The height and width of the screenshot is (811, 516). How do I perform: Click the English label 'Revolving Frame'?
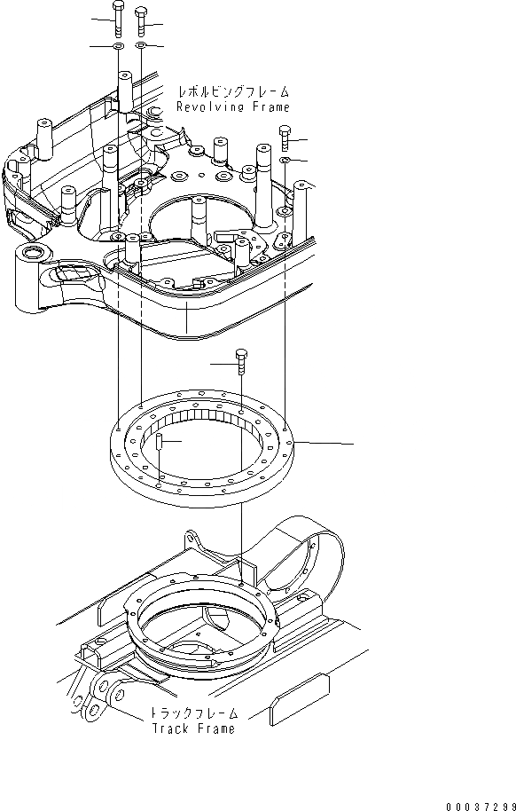(x=233, y=106)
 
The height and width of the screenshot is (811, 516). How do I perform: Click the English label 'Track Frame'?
(x=194, y=728)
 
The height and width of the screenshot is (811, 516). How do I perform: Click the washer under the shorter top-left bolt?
(x=141, y=44)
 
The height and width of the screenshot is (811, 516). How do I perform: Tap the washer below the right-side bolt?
(x=284, y=160)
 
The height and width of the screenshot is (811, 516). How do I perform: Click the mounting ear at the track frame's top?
(x=195, y=540)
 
